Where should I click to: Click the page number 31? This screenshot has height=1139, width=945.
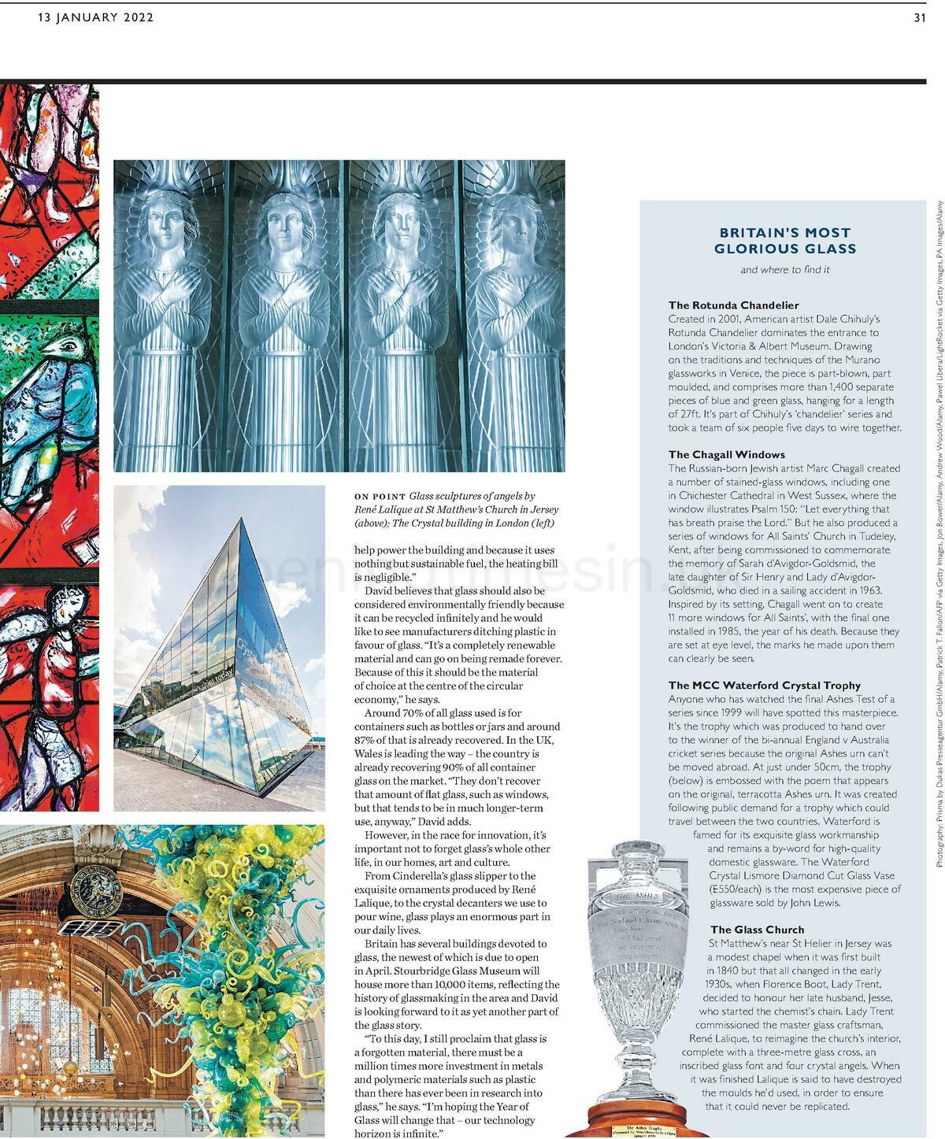coord(919,18)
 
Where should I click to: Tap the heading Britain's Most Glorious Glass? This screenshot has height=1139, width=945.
coord(784,241)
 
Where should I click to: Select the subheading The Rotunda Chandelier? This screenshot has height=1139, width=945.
coord(733,305)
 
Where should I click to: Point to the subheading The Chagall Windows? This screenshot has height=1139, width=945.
coord(726,454)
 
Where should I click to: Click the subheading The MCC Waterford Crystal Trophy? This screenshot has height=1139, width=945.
coord(764,685)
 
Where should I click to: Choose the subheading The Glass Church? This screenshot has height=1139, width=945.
coord(757,929)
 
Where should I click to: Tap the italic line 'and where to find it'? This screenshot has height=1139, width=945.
coord(784,270)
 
